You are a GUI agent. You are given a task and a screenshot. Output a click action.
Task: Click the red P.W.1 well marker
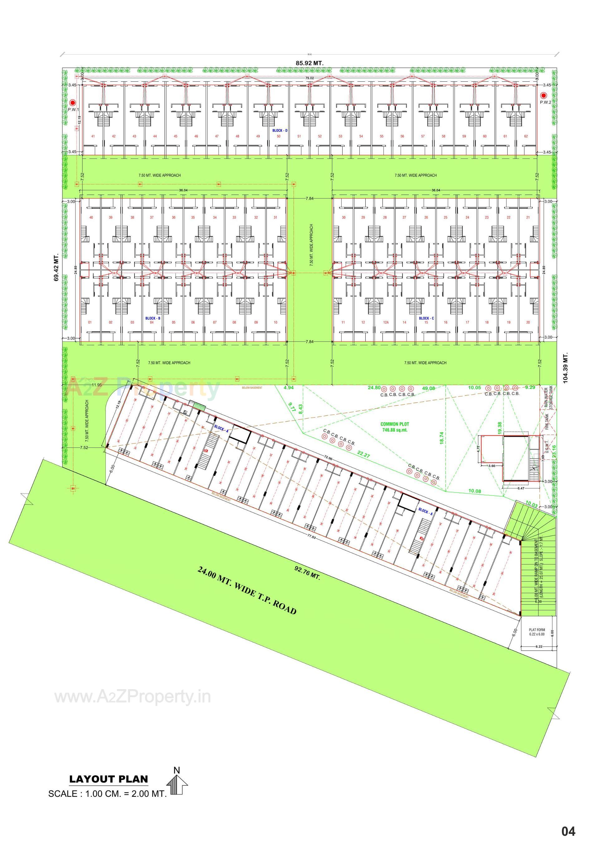click(73, 103)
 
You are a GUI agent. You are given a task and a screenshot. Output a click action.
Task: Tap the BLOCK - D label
click(280, 131)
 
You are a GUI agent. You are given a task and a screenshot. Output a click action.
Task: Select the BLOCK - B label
click(153, 318)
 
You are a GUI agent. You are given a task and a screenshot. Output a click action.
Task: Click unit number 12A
click(385, 322)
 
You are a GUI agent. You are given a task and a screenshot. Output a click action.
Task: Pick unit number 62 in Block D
click(526, 136)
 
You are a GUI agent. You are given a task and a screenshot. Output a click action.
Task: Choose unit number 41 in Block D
click(93, 136)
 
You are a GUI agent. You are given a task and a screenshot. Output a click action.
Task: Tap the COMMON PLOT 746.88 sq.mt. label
click(395, 427)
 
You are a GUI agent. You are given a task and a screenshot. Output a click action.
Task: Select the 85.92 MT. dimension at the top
click(309, 63)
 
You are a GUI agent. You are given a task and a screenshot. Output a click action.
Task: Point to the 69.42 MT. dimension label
click(56, 268)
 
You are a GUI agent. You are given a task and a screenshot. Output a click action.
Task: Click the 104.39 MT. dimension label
click(565, 368)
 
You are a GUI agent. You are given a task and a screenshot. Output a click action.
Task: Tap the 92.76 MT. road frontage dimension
click(307, 573)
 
